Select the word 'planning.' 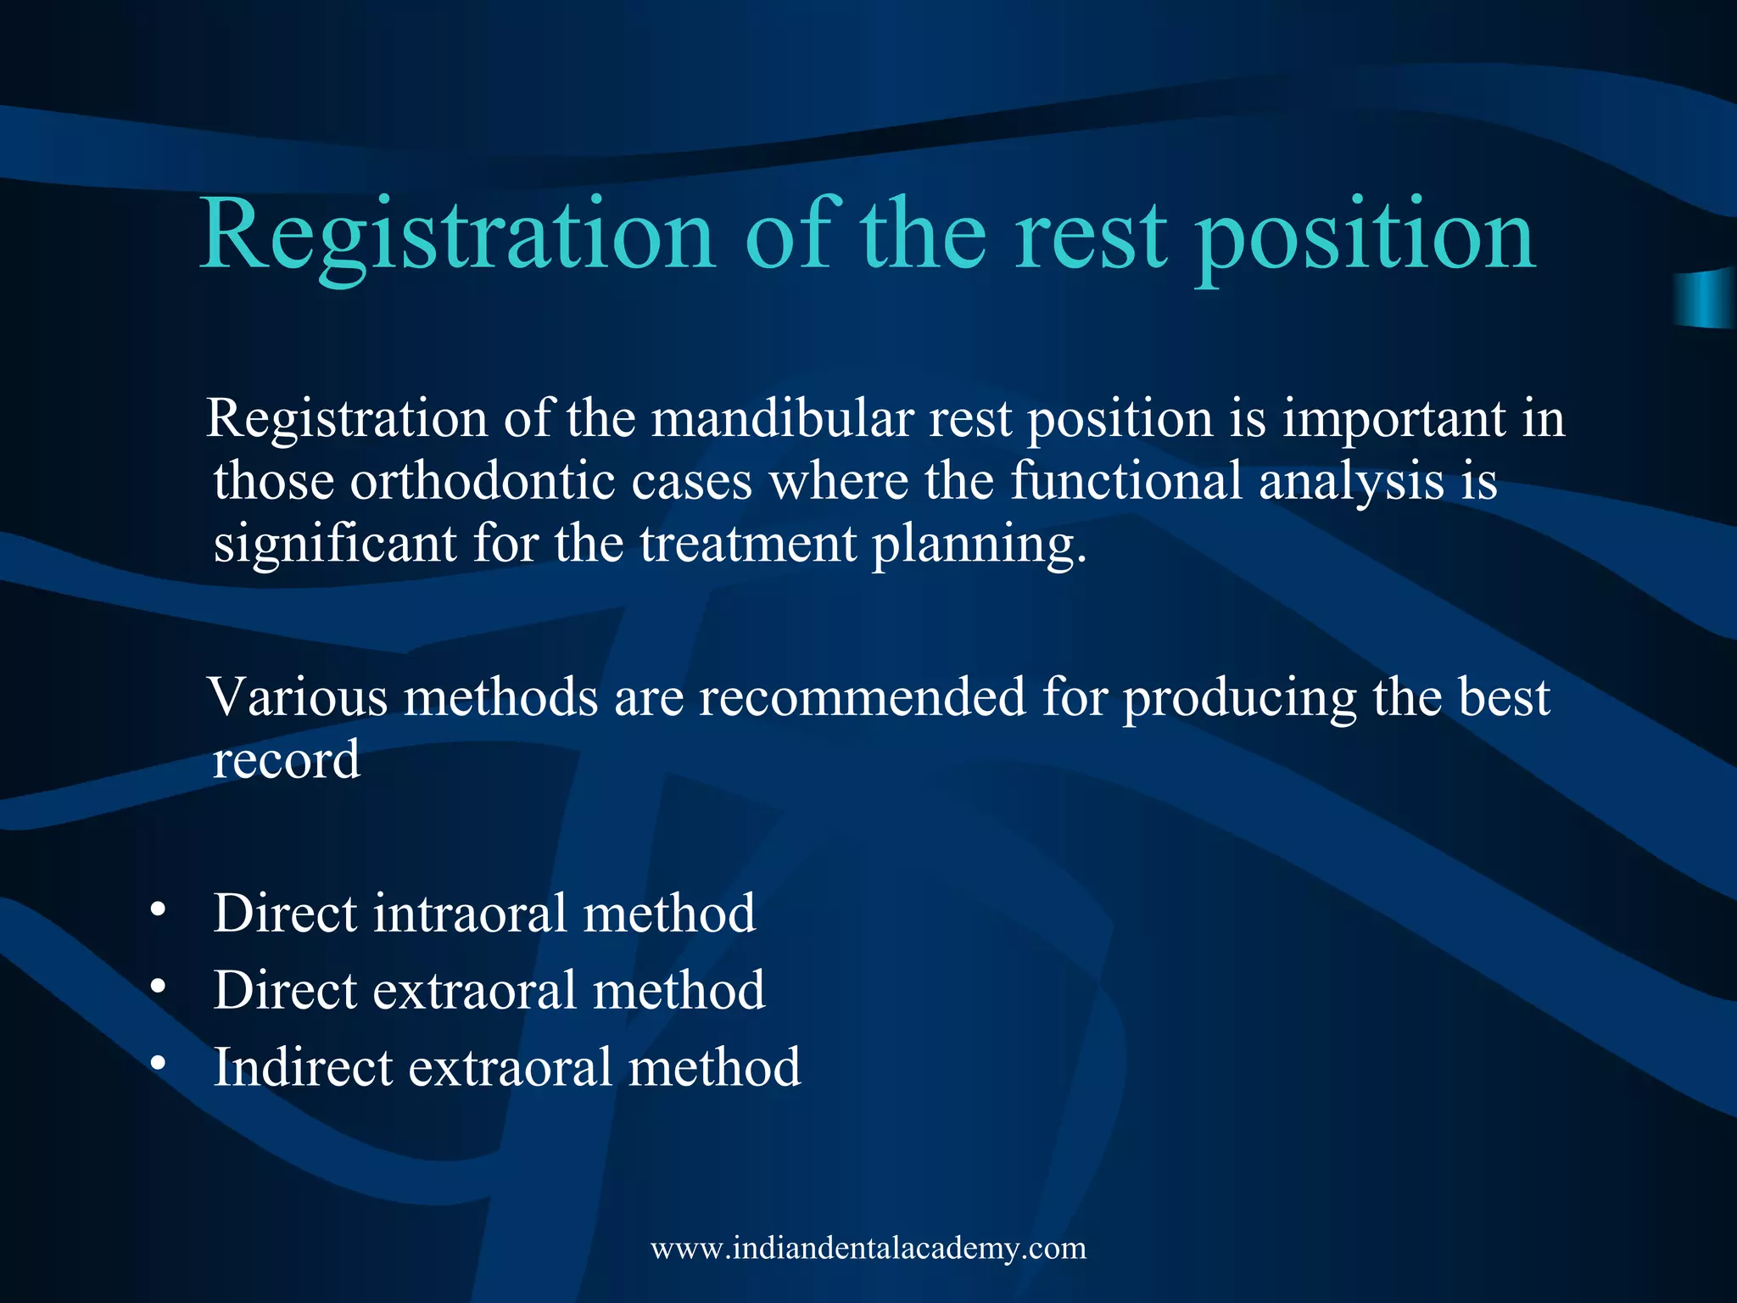tap(980, 545)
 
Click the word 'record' tap(286, 759)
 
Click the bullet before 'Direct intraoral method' tap(157, 910)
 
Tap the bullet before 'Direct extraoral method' tap(157, 987)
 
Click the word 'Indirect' tap(303, 1066)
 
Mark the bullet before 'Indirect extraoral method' tap(157, 1063)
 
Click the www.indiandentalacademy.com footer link tap(868, 1249)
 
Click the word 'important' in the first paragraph tap(1393, 420)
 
